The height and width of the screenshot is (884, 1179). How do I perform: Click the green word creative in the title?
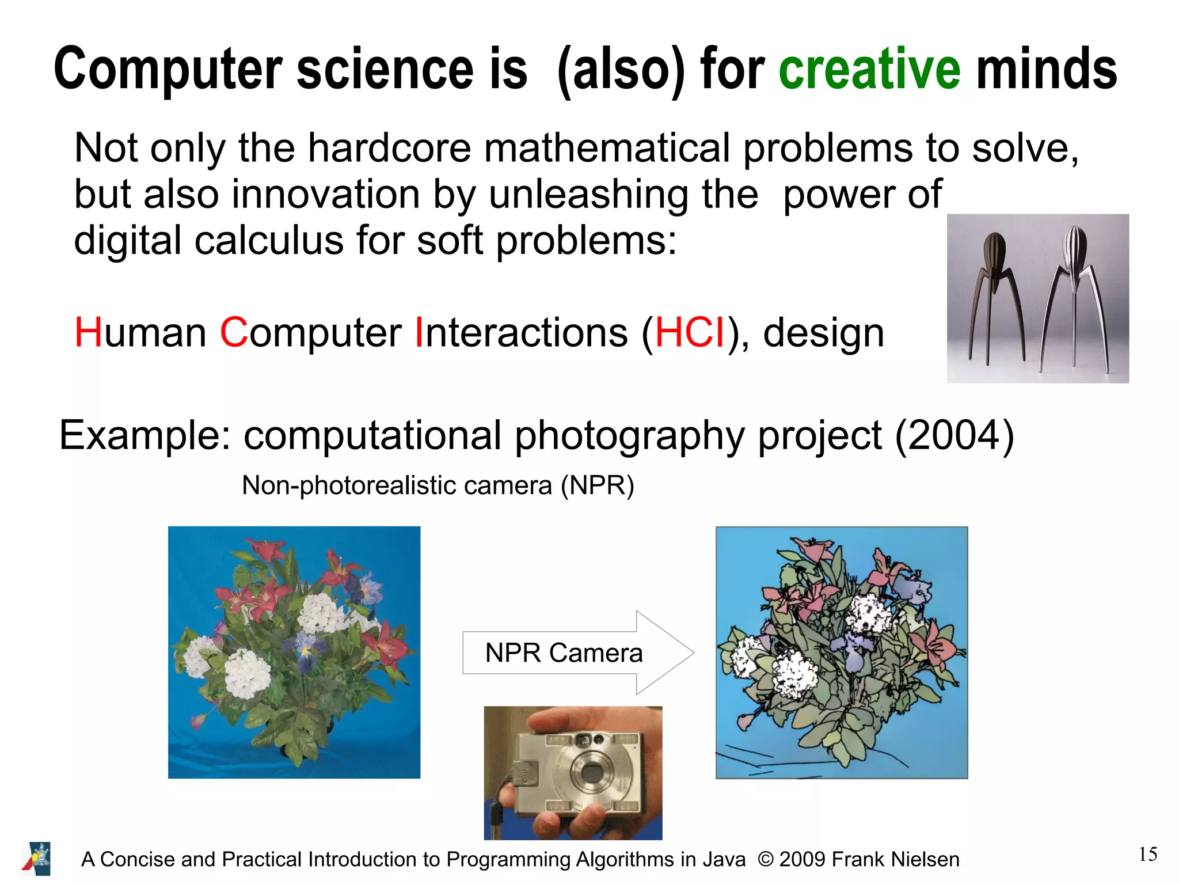[x=869, y=69]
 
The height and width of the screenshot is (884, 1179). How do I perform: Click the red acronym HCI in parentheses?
[x=690, y=333]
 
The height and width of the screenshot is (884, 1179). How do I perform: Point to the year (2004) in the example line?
[x=954, y=435]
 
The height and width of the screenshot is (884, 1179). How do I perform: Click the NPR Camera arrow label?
[x=564, y=653]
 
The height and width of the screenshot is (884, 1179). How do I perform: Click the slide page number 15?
[x=1147, y=854]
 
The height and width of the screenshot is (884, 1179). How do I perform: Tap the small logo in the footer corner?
[x=36, y=859]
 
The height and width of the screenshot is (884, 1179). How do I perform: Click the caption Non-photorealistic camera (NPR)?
[x=438, y=485]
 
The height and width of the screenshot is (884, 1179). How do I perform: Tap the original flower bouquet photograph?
[x=294, y=652]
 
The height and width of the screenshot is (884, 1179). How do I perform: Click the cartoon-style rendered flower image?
[x=841, y=652]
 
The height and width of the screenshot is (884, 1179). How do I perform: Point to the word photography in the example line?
[x=629, y=435]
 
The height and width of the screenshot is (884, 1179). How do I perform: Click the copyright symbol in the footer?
[x=765, y=859]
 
